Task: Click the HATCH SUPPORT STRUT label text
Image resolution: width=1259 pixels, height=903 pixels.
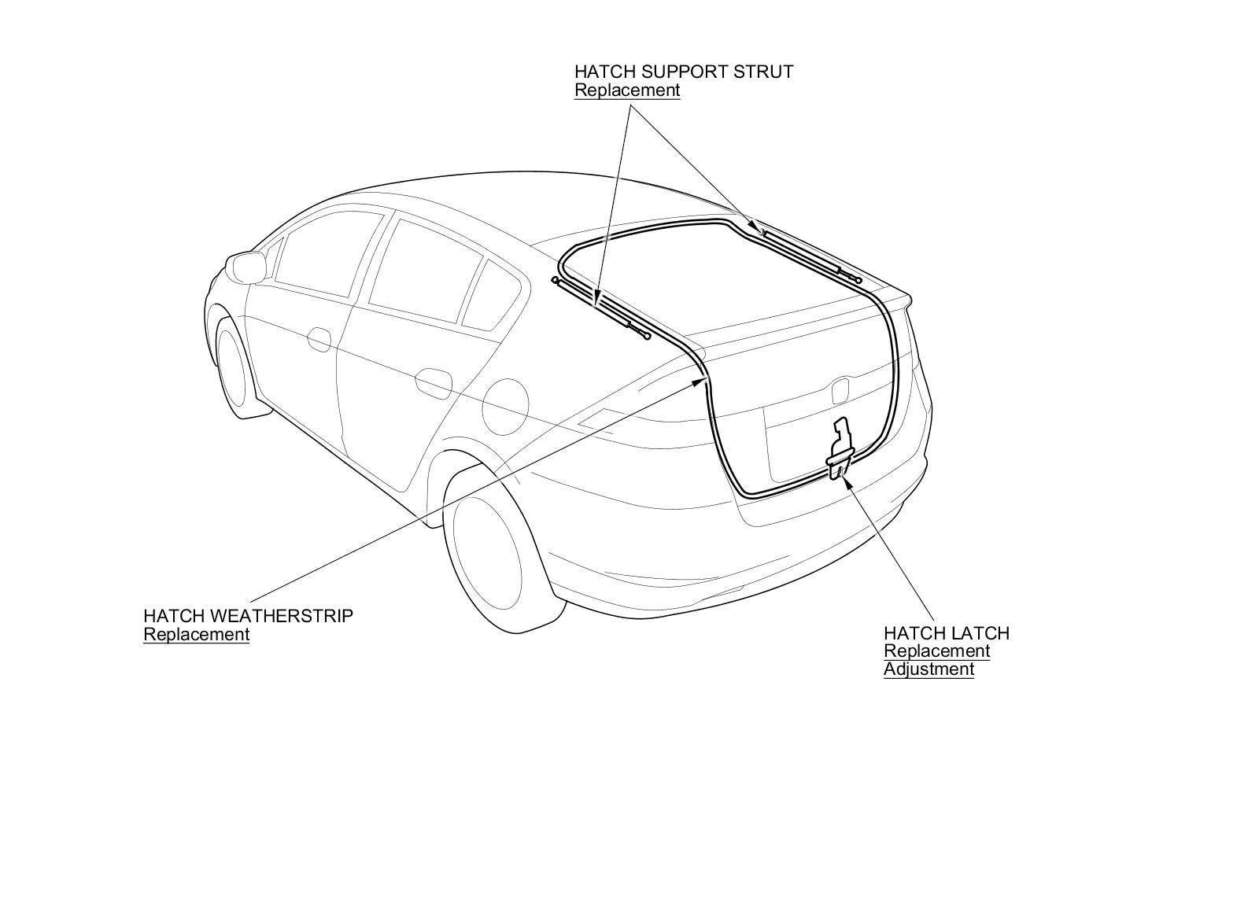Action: tap(683, 72)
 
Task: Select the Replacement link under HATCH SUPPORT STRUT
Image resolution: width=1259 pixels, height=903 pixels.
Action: tap(626, 90)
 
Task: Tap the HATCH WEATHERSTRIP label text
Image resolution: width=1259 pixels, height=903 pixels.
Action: tap(248, 616)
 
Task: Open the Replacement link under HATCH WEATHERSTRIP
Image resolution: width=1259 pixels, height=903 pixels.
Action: tap(196, 635)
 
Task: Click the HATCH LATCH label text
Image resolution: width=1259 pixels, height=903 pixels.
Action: tap(946, 633)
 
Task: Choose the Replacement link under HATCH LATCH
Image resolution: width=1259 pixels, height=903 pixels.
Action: tap(936, 651)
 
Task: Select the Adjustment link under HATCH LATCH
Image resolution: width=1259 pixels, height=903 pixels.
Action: tap(929, 669)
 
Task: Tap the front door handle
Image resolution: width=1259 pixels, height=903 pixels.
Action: tap(319, 339)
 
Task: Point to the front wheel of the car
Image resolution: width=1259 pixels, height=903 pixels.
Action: tap(236, 370)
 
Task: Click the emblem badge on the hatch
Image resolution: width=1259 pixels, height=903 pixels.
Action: tap(841, 389)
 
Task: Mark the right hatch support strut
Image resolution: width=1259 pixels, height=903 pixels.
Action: tap(810, 255)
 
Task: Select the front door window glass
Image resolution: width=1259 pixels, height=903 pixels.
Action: tap(315, 260)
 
